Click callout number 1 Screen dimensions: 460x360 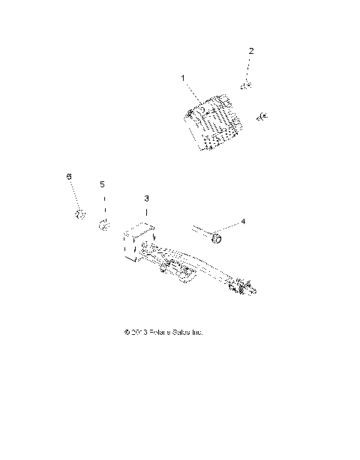click(182, 77)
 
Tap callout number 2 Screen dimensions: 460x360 click(251, 51)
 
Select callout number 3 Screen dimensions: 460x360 click(147, 199)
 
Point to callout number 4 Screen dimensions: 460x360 click(242, 222)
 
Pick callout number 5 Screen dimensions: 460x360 click(103, 184)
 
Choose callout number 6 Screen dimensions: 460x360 click(69, 176)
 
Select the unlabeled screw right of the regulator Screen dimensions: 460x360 click(263, 116)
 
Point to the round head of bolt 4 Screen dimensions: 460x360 click(217, 237)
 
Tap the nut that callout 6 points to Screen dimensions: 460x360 click(79, 217)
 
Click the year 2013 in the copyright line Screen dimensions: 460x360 click(140, 332)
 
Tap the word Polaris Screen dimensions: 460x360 click(162, 332)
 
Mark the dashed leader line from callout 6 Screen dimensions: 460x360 click(74, 197)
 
